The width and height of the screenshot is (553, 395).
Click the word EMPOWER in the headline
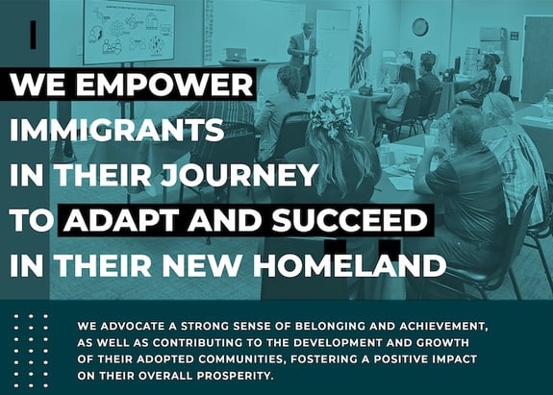(164, 85)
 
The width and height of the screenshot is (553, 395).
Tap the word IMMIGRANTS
(116, 130)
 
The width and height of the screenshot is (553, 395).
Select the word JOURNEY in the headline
(239, 175)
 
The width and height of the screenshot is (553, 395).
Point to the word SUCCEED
(350, 220)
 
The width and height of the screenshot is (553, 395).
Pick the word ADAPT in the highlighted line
(121, 220)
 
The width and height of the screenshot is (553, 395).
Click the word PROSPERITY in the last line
(235, 376)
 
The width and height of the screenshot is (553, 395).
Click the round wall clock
(420, 27)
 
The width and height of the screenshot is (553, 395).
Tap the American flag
(359, 53)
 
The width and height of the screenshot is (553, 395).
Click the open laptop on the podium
(236, 54)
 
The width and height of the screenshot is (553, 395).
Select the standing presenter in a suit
(303, 57)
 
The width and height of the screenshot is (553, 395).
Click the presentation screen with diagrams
(129, 31)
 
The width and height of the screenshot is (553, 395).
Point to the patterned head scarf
(329, 113)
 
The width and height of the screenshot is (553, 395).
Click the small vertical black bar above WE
(34, 35)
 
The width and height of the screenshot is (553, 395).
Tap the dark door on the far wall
(537, 60)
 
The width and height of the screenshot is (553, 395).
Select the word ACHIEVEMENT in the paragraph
(443, 326)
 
